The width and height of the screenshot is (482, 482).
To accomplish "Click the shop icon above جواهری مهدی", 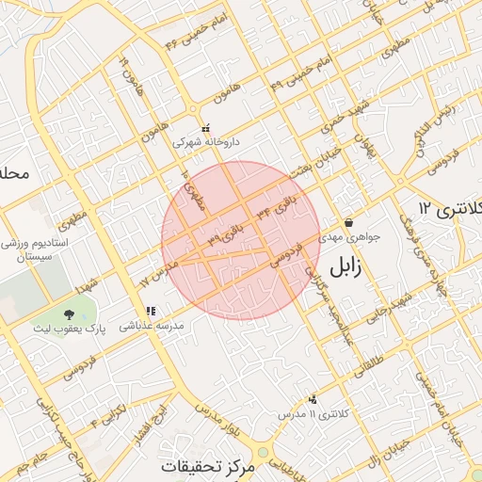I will (349, 223).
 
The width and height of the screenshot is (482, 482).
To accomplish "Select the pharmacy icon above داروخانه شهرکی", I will (206, 129).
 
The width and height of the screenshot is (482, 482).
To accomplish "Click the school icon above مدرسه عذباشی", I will (150, 311).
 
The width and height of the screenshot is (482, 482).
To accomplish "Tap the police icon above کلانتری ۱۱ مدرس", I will (313, 399).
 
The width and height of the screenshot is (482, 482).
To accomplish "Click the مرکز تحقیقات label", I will (207, 467).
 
